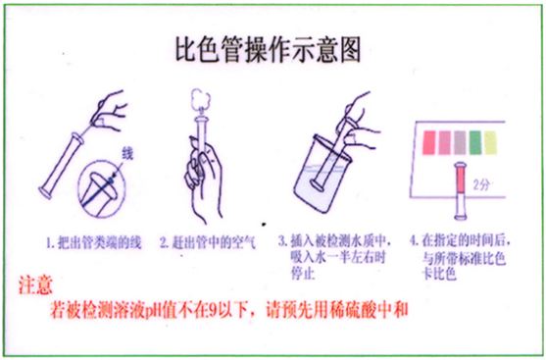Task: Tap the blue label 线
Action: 125,154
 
